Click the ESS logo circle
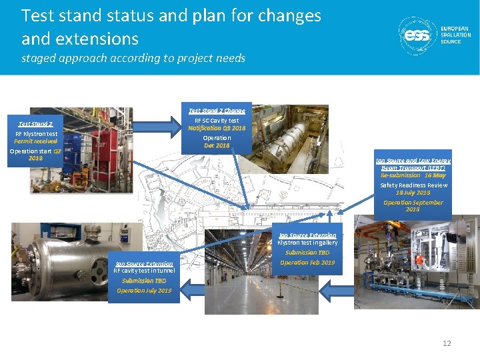click(417, 35)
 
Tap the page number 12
click(447, 343)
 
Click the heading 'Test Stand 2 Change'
click(217, 111)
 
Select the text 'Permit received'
click(36, 141)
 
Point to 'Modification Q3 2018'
click(217, 128)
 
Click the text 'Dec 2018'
click(217, 145)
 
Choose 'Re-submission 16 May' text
click(413, 175)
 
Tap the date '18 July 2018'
click(413, 193)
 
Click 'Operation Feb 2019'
click(307, 263)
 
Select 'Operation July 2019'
click(144, 291)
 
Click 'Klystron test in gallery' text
click(307, 243)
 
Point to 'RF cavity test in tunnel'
click(144, 271)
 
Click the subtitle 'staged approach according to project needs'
click(133, 58)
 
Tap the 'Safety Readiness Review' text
click(413, 185)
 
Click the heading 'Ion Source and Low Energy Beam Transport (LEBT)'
click(413, 165)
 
